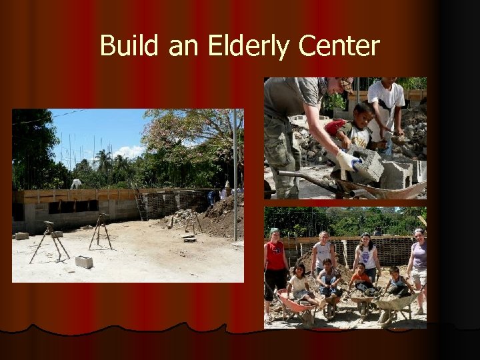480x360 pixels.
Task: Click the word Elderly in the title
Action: pos(249,47)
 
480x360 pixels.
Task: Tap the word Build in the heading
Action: pos(129,47)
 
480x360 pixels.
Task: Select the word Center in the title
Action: pos(339,47)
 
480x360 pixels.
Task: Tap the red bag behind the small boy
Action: pos(336,126)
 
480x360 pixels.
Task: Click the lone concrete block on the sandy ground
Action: pos(84,262)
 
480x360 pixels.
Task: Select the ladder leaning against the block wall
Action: pos(140,204)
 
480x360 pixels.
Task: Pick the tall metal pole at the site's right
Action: pos(235,173)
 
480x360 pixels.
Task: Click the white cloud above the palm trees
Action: pos(129,151)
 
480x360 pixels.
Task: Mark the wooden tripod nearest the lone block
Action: pos(100,230)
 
